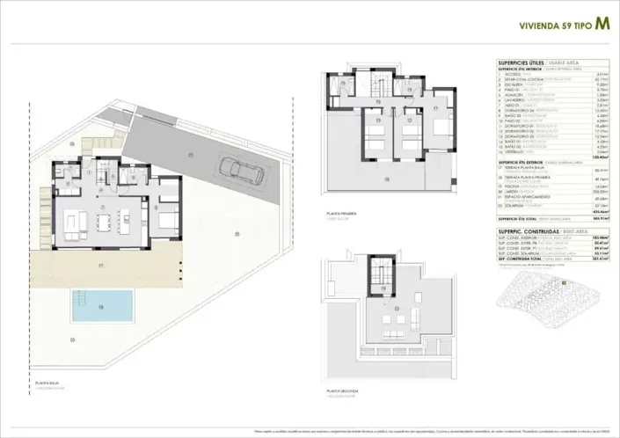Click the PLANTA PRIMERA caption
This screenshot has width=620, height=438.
coord(339,213)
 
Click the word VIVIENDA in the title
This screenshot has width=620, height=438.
coord(536,27)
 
